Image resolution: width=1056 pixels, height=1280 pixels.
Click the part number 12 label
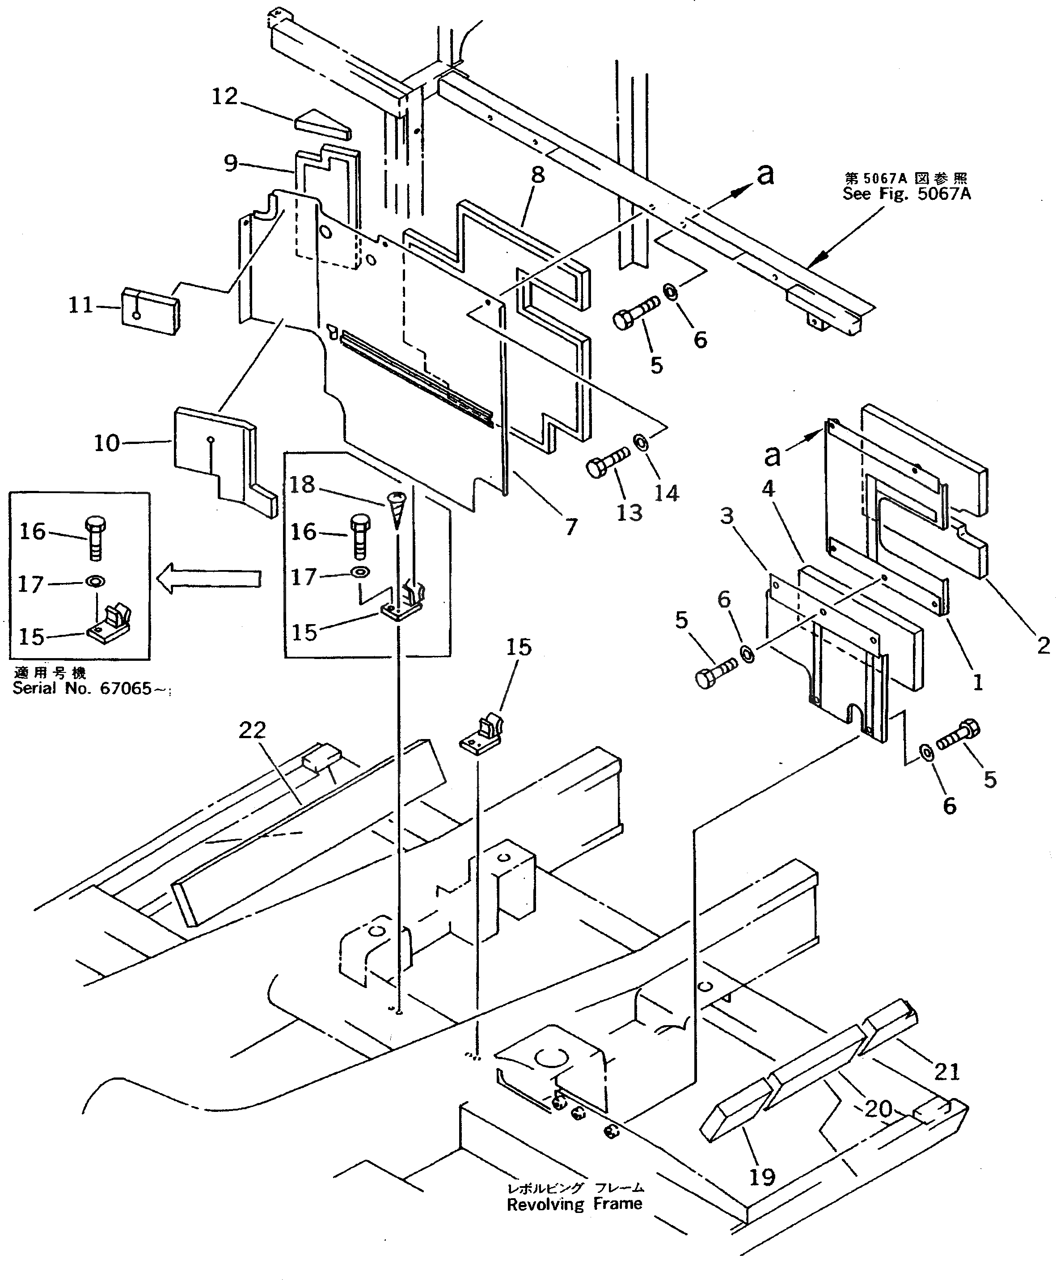224,96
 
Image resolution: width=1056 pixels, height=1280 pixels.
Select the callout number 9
231,163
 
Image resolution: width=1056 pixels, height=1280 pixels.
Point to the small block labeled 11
150,311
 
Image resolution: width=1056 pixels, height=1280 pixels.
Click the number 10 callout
106,443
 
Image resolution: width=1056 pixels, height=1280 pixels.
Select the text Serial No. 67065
82,688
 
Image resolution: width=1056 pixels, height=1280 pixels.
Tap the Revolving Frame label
574,1204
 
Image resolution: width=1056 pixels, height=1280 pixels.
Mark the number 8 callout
538,175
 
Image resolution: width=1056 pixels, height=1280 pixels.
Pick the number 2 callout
1043,646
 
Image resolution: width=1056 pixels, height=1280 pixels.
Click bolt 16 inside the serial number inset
94,538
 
